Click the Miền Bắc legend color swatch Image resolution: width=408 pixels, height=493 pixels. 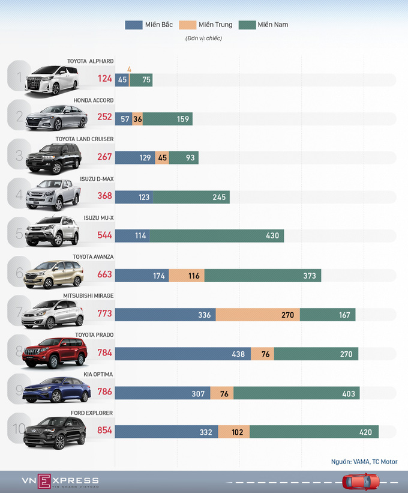click(133, 25)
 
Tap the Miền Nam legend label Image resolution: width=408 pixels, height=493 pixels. click(272, 25)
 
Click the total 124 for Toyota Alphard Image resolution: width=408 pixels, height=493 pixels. click(105, 80)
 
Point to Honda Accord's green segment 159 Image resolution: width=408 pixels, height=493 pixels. click(167, 119)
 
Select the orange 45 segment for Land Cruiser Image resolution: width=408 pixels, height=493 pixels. click(161, 157)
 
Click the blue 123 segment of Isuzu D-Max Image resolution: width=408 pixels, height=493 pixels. click(134, 197)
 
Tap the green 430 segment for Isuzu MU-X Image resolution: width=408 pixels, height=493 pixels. click(217, 236)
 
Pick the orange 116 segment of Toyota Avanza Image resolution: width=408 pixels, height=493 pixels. click(186, 275)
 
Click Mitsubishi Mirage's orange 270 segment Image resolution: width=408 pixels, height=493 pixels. click(257, 315)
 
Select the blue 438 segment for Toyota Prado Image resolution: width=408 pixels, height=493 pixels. click(183, 354)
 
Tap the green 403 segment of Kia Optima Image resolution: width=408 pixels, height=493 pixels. click(296, 393)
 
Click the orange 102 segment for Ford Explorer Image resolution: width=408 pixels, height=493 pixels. click(233, 432)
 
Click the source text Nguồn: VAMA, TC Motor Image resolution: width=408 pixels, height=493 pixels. click(364, 462)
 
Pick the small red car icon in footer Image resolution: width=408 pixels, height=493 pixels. click(356, 482)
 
